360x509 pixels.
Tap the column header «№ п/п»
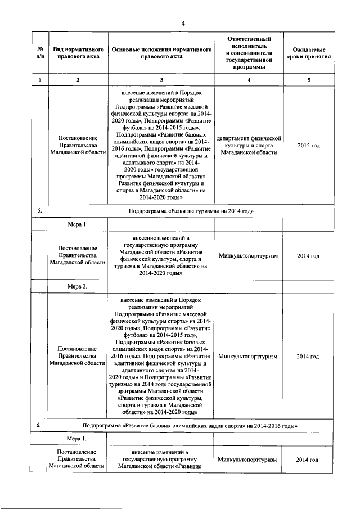[40, 53]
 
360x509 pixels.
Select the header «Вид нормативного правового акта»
[78, 53]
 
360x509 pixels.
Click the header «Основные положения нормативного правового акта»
[161, 53]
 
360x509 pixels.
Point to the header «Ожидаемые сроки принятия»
[308, 53]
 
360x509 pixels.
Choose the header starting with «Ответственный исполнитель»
[248, 53]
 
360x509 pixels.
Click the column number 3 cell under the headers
[161, 80]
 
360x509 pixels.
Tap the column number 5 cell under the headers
[308, 80]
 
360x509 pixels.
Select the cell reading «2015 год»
[308, 145]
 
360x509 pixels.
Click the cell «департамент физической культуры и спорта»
[248, 145]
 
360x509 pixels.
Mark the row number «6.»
[40, 425]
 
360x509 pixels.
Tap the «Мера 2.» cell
[78, 286]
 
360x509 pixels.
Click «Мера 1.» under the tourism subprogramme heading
[78, 224]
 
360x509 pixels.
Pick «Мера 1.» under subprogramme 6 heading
[78, 438]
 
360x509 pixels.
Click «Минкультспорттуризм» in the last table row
[248, 460]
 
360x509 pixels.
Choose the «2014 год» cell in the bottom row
[308, 460]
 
